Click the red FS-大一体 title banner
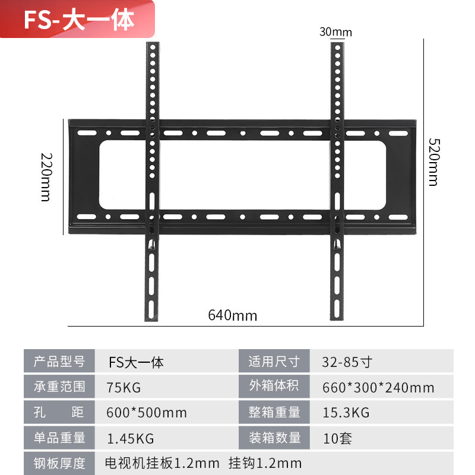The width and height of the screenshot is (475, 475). click(77, 20)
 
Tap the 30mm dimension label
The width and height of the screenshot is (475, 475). click(335, 32)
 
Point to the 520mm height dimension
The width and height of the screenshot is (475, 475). click(433, 162)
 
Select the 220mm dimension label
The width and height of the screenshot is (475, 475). click(46, 176)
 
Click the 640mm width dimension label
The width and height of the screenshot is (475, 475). click(233, 315)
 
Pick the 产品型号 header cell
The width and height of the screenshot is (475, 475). click(59, 362)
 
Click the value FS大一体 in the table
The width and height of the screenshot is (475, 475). click(136, 362)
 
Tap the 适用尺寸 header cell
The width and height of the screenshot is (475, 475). click(274, 362)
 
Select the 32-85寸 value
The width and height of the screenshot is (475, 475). click(347, 362)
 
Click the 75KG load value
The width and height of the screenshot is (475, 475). click(124, 387)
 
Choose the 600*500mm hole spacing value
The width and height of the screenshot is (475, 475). click(146, 413)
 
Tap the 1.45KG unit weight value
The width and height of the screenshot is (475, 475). click(130, 438)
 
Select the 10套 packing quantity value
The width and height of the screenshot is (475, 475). click(337, 438)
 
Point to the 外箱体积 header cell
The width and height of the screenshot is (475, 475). click(274, 387)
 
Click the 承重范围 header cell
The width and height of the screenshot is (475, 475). click(59, 387)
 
